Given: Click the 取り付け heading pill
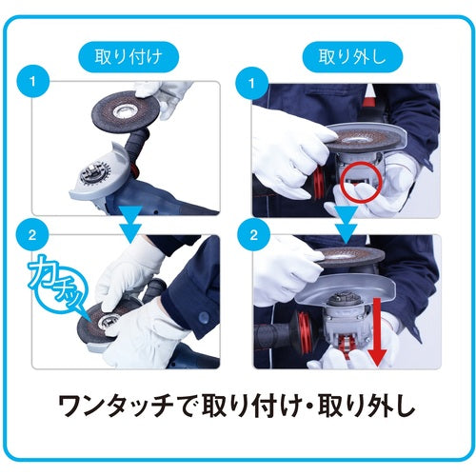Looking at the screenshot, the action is point(129,57).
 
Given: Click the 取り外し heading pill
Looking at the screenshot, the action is point(352,57).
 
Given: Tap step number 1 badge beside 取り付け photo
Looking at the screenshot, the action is point(33,82).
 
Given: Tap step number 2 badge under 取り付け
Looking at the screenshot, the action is point(33,235).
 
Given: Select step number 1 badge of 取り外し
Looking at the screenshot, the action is point(252,83).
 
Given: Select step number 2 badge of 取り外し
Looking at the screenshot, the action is point(254,235).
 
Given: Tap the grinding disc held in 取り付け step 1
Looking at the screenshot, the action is point(126,111).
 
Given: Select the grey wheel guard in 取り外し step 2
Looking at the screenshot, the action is point(346,290).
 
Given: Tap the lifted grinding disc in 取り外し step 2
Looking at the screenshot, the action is point(349,257).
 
